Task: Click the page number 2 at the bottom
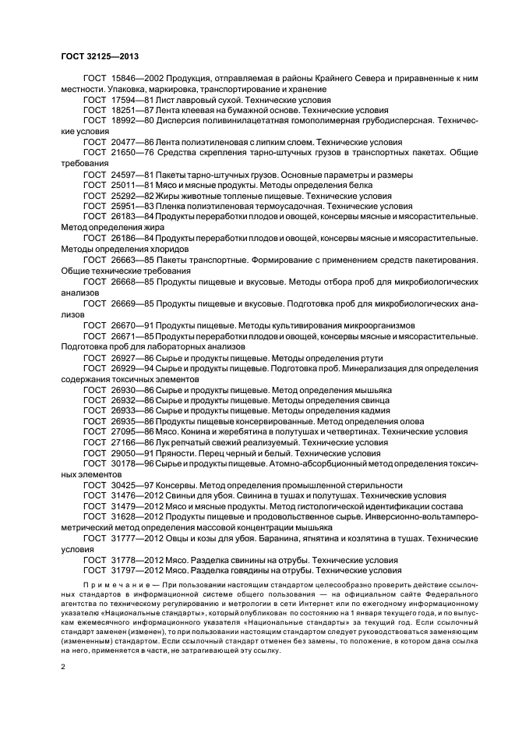[x=62, y=668]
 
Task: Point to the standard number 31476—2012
[x=132, y=495]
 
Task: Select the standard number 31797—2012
[x=132, y=570]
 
